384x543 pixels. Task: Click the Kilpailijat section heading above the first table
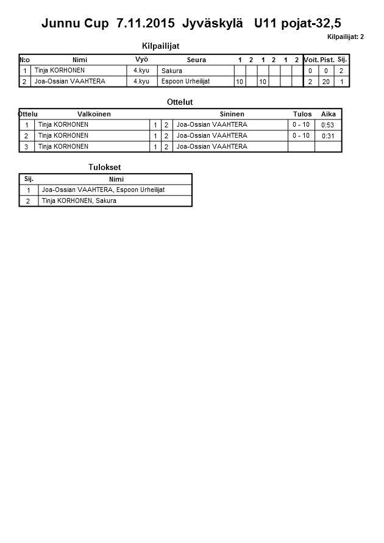[x=160, y=46]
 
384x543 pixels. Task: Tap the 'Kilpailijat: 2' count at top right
[x=345, y=37]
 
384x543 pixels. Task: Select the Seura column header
[x=196, y=60]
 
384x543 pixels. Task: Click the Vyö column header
[x=141, y=59]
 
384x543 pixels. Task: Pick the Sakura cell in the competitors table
[x=172, y=71]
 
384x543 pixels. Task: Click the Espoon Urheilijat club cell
[x=185, y=81]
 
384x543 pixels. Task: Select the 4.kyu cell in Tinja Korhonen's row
[x=141, y=70]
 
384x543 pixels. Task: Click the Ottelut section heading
[x=179, y=102]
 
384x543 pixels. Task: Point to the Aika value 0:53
[x=328, y=125]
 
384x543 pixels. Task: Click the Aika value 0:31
[x=328, y=136]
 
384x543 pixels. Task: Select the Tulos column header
[x=302, y=114]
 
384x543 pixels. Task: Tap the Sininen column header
[x=232, y=114]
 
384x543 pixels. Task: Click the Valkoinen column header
[x=94, y=114]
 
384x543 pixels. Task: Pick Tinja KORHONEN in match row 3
[x=63, y=146]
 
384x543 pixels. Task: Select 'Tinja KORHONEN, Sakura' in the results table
[x=79, y=201]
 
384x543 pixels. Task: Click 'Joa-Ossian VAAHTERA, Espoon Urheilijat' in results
[x=103, y=190]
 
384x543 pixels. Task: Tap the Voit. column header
[x=311, y=60]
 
